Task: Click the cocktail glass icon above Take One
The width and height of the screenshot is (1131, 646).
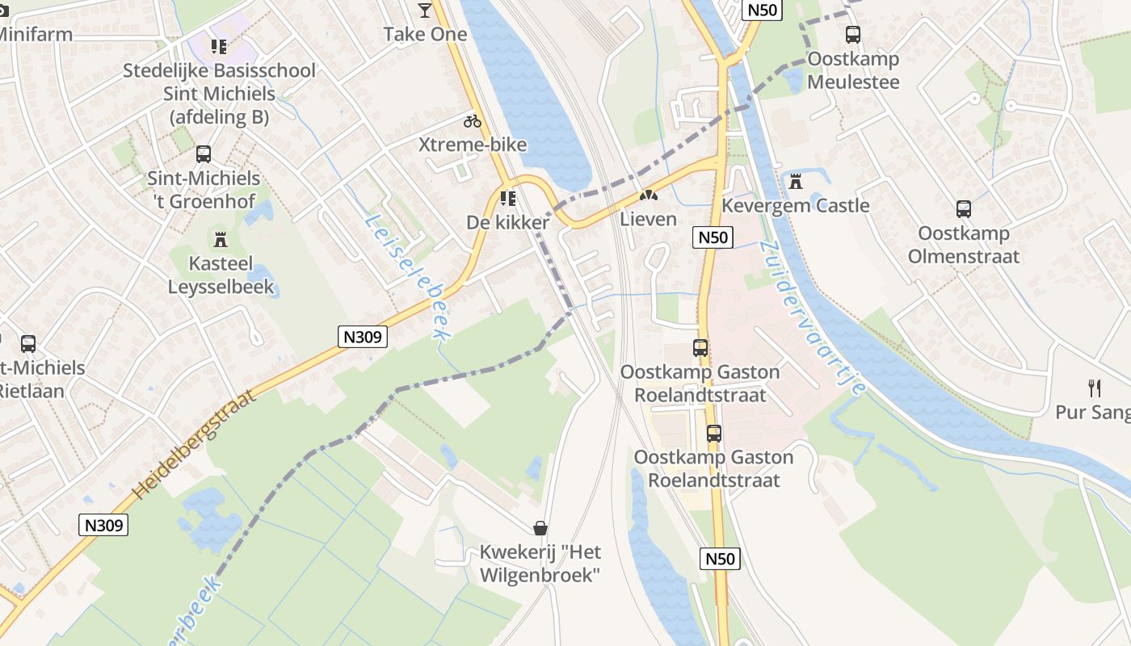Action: pyautogui.click(x=425, y=10)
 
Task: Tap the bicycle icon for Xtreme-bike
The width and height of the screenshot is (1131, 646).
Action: pyautogui.click(x=473, y=122)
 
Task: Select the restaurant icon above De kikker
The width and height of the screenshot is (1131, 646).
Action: pyautogui.click(x=507, y=198)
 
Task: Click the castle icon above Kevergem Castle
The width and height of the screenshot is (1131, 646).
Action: pyautogui.click(x=796, y=182)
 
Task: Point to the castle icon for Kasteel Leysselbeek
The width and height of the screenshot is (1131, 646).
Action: pyautogui.click(x=221, y=239)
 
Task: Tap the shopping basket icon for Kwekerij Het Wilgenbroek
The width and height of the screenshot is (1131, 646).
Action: pyautogui.click(x=540, y=528)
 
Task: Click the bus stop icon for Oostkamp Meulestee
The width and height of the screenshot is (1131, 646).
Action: pyautogui.click(x=852, y=35)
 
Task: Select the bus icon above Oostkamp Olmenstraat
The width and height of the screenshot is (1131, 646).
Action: pyautogui.click(x=964, y=209)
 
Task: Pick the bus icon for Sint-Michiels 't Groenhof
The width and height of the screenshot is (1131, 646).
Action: pyautogui.click(x=204, y=154)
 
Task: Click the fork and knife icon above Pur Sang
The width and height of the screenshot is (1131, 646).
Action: pyautogui.click(x=1095, y=388)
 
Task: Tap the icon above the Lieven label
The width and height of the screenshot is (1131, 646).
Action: pyautogui.click(x=647, y=195)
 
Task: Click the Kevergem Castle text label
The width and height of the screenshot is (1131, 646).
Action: pyautogui.click(x=795, y=206)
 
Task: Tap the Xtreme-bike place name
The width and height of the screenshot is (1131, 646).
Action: pyautogui.click(x=473, y=145)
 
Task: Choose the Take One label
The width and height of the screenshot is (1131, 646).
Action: pyautogui.click(x=425, y=34)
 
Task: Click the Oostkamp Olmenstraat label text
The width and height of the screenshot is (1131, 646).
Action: pyautogui.click(x=964, y=245)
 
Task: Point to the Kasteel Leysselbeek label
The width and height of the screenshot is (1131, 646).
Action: pyautogui.click(x=221, y=275)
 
